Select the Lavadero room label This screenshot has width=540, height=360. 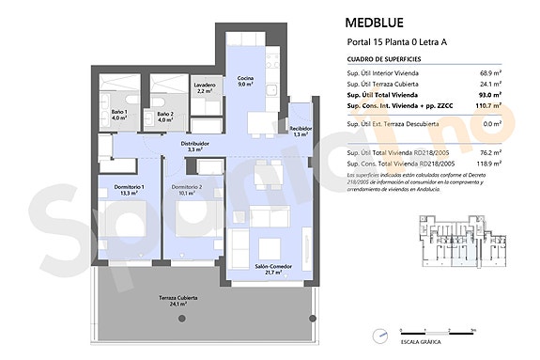coord(205,87)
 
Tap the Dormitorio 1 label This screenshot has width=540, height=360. coord(130,191)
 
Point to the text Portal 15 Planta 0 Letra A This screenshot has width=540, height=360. coord(396,42)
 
